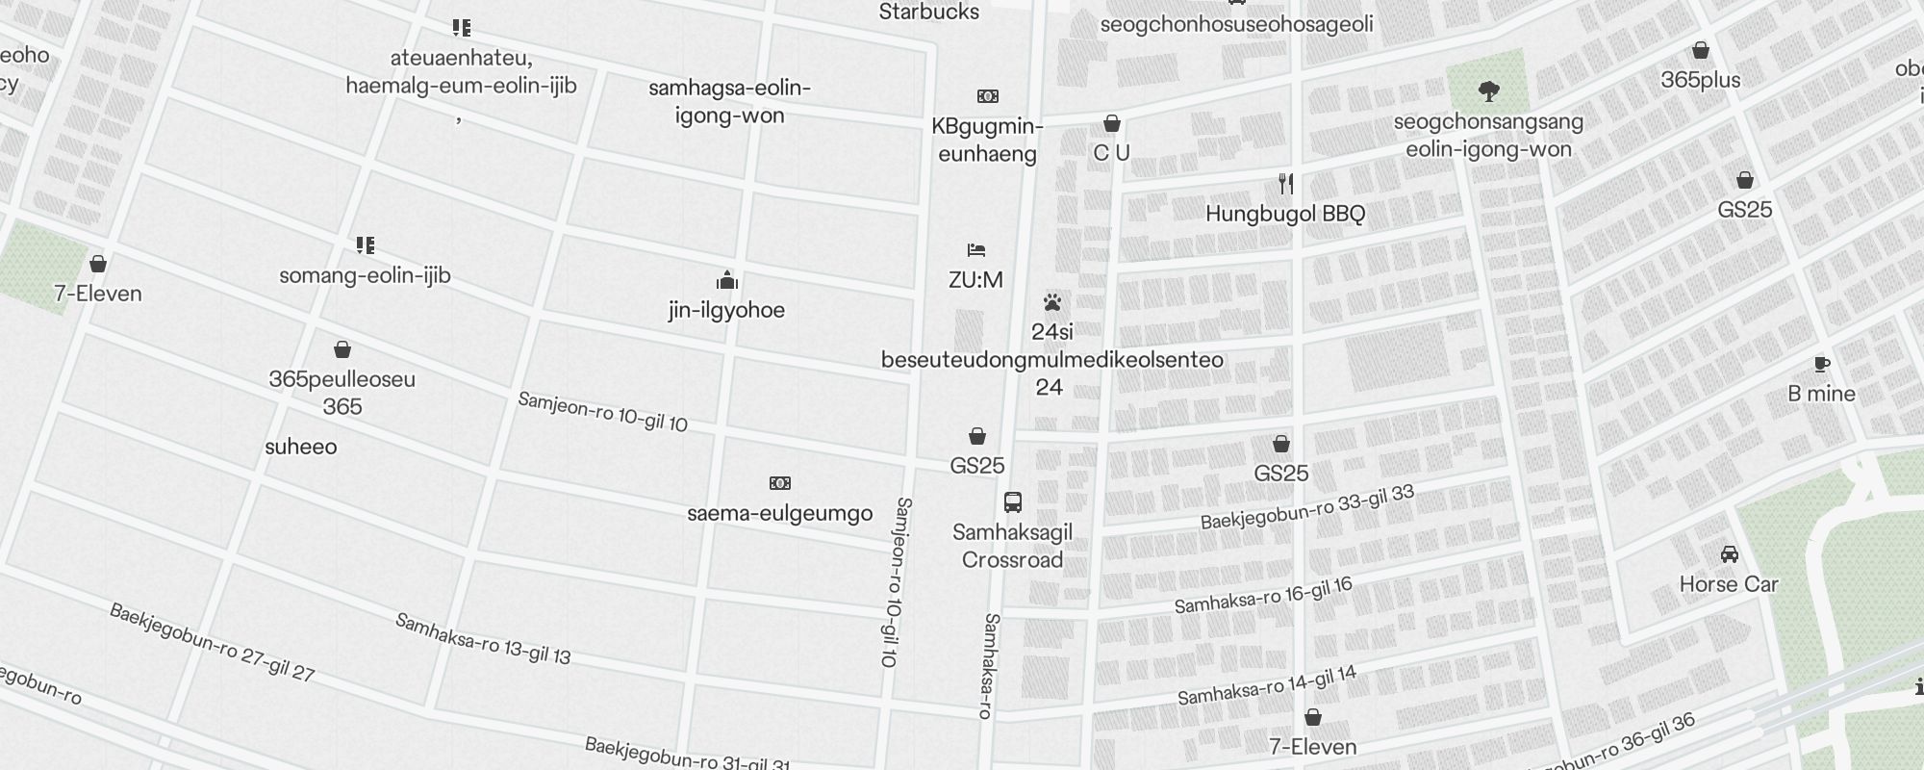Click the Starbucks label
(928, 13)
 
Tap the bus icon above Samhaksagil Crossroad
(1012, 501)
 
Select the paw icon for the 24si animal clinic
(1051, 302)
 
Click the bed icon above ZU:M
(976, 250)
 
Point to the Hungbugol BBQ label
(1285, 214)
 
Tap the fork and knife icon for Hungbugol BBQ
(1285, 183)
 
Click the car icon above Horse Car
(1729, 554)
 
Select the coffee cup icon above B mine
(1821, 364)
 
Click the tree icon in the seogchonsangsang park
(1488, 92)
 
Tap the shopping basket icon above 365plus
(1701, 50)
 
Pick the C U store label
(1111, 153)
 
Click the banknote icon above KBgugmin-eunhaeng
(987, 96)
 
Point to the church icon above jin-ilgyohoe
(726, 280)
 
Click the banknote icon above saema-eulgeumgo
(779, 482)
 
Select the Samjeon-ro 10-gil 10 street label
(602, 412)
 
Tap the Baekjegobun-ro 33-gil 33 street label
(1307, 507)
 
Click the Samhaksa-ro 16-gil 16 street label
(1263, 596)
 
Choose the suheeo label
(301, 447)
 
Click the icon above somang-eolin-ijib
(365, 245)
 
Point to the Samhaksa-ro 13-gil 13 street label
(482, 639)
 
